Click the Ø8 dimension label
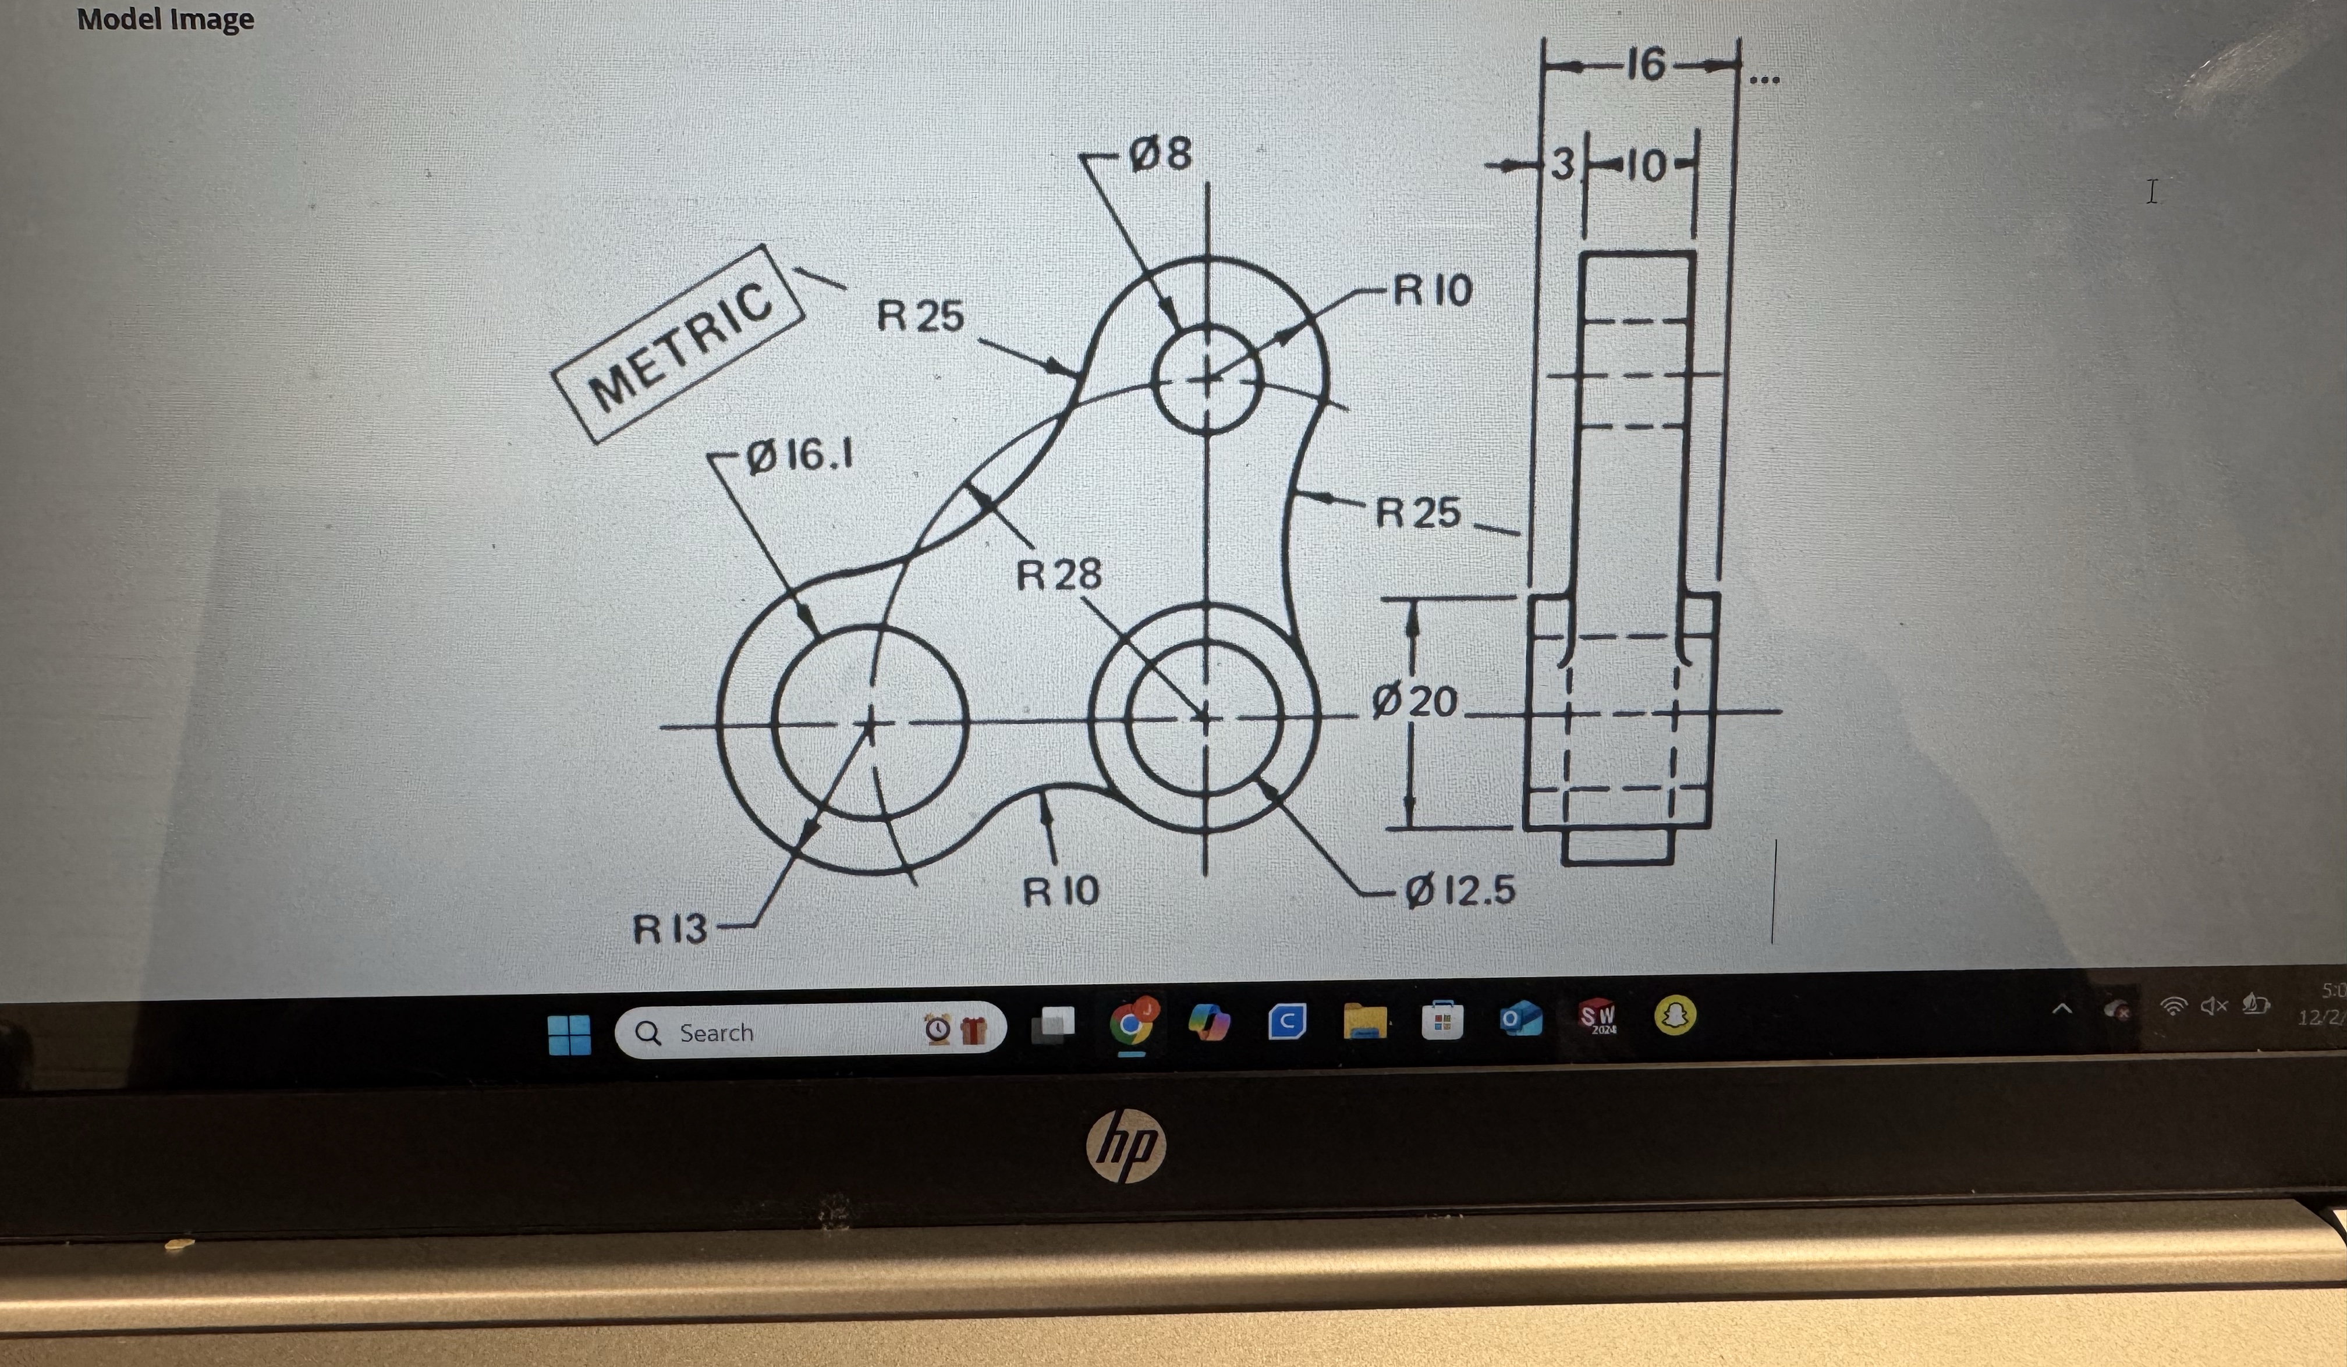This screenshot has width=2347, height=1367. (x=1160, y=154)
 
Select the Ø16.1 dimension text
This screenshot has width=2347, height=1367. (x=800, y=455)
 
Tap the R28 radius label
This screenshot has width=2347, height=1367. (x=1058, y=574)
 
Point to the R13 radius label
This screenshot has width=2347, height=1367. (x=669, y=928)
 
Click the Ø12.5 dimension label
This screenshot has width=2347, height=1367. (x=1459, y=891)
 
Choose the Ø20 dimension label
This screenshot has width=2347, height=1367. (x=1414, y=701)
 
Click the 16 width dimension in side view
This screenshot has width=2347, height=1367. (x=1645, y=65)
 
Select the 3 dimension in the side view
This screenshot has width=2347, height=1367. (x=1562, y=165)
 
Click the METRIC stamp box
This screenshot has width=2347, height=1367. (x=678, y=343)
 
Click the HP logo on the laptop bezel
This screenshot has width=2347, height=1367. (x=1125, y=1145)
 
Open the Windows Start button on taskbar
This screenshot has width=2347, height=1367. (x=569, y=1034)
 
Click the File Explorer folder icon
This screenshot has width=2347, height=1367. (x=1364, y=1021)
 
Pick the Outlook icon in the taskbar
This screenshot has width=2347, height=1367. (x=1519, y=1020)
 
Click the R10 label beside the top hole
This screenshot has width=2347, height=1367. (x=1433, y=290)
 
